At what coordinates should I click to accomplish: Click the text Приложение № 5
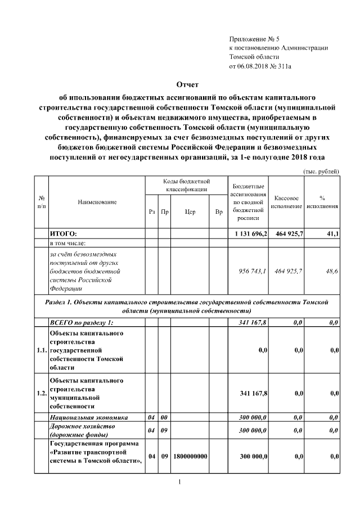coord(254,39)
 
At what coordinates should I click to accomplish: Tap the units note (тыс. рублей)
coord(321,170)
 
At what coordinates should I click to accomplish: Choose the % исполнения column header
coord(322,202)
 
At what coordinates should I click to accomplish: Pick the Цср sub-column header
coord(190,212)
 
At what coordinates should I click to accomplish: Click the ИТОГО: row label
coord(63,233)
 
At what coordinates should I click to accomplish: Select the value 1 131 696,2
coord(251,233)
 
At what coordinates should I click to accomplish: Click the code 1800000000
coord(191,456)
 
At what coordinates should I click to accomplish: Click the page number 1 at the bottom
coord(178,482)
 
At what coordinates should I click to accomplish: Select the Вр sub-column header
coord(219,212)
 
